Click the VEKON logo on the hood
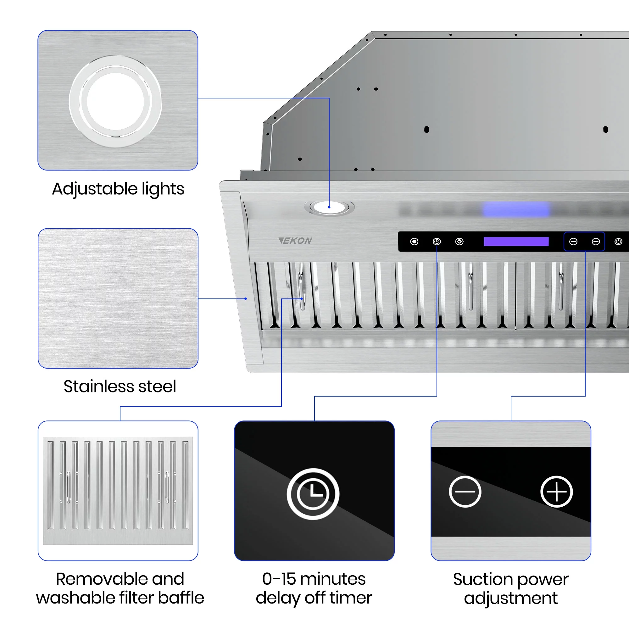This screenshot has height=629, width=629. (295, 241)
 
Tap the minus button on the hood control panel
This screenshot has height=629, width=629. (573, 242)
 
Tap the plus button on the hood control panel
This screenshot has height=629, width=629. (595, 242)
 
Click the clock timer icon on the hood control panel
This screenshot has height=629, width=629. (437, 242)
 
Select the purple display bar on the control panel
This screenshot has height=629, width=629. (516, 242)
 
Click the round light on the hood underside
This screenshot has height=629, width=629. (329, 207)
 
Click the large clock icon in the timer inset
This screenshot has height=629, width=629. (313, 493)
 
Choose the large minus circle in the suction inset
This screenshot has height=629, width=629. (465, 491)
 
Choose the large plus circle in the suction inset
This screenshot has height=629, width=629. (556, 491)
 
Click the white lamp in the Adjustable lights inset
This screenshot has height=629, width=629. (115, 101)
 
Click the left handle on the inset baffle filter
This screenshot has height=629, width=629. (68, 487)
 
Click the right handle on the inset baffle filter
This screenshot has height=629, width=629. (167, 487)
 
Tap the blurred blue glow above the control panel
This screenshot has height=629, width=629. (516, 209)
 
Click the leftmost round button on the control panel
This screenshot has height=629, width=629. (414, 242)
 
